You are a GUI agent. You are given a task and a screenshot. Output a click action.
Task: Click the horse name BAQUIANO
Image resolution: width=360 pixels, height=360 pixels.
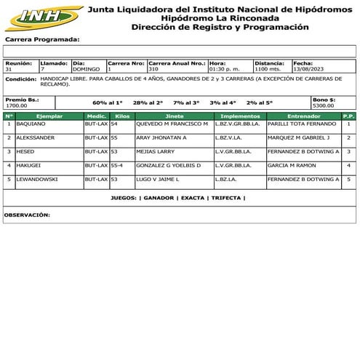31,124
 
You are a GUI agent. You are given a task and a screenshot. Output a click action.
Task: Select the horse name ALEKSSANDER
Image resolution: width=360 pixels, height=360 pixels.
36,137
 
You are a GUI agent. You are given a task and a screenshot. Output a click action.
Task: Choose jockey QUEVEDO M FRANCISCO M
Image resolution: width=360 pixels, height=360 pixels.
172,124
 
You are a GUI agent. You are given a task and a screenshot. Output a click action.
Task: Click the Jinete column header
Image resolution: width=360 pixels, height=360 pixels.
174,116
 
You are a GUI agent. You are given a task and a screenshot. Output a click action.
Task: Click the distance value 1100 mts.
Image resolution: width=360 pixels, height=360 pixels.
267,69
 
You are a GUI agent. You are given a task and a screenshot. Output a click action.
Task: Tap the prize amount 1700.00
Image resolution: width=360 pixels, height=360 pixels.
17,105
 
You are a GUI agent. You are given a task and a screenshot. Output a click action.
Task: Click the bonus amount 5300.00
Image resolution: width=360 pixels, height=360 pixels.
323,105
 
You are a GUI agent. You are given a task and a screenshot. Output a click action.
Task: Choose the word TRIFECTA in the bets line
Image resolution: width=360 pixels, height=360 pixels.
226,198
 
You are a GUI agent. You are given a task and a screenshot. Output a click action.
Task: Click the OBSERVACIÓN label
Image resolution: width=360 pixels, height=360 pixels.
27,215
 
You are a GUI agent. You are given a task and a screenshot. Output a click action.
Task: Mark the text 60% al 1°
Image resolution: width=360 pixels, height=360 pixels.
108,103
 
